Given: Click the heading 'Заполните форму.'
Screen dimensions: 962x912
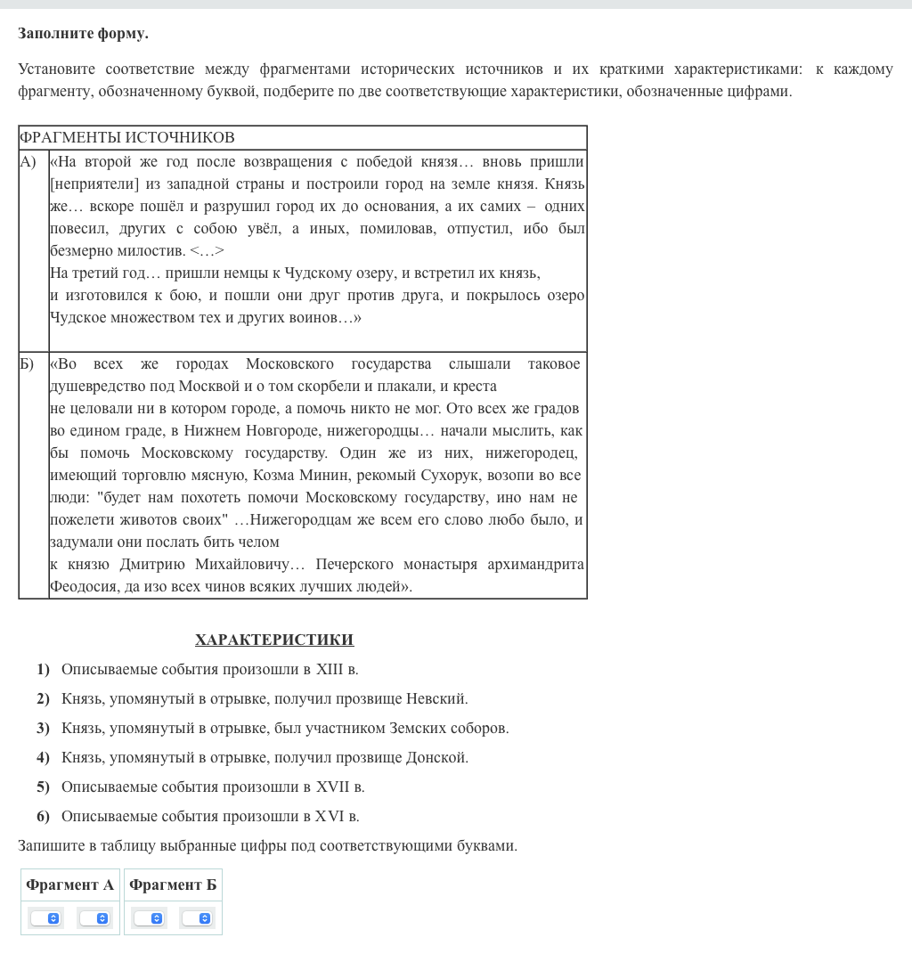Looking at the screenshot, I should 83,34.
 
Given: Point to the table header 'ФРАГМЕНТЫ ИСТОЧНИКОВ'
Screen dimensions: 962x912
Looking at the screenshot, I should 126,137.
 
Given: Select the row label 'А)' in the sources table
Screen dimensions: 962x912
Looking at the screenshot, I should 28,161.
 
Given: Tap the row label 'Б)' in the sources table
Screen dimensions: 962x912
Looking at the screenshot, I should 28,363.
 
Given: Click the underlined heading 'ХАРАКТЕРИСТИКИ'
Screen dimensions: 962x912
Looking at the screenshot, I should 274,640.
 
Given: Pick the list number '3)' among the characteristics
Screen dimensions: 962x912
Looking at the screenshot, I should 43,728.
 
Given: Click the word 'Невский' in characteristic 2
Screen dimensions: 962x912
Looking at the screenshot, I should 436,698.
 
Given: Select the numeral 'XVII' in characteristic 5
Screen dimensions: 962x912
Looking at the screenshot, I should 332,787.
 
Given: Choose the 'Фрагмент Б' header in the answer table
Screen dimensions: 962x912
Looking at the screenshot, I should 173,885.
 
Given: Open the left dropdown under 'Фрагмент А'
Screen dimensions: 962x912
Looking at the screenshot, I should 45,917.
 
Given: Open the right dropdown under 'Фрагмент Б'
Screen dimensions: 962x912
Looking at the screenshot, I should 197,917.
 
